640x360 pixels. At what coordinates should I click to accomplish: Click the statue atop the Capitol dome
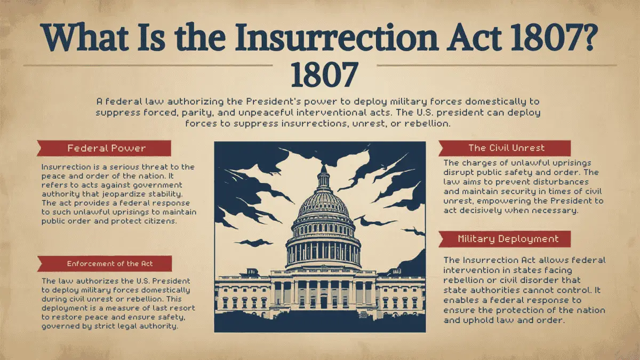[323, 169]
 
